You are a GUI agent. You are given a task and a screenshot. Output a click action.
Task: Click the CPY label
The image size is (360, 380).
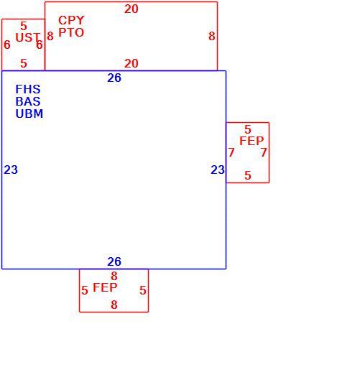71,20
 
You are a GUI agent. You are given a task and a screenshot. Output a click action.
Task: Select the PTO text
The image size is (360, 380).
71,32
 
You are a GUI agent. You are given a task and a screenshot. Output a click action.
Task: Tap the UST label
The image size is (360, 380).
27,37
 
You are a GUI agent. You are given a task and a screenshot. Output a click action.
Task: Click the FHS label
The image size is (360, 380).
28,89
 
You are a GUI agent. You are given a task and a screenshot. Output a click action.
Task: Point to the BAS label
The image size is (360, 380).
28,101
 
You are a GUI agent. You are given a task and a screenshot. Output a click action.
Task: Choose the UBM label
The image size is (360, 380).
29,113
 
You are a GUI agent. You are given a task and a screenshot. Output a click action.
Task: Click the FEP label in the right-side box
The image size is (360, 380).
251,141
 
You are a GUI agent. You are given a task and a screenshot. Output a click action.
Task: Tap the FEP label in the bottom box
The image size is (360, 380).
105,287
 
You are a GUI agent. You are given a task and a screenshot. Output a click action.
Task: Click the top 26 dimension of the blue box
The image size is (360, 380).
114,78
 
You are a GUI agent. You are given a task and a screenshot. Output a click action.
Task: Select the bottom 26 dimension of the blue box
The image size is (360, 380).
114,261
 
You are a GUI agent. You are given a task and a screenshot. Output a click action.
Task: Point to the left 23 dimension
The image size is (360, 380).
11,170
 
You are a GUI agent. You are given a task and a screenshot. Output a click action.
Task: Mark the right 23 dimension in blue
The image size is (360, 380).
218,170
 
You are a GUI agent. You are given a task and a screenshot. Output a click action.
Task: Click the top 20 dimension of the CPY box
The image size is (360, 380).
131,9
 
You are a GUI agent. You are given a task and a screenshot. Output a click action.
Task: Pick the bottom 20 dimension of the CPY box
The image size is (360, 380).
131,63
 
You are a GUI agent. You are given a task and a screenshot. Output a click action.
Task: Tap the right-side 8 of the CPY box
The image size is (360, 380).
212,36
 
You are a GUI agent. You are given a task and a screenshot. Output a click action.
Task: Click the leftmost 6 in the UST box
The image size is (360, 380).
7,45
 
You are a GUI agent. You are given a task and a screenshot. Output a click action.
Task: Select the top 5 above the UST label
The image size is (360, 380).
24,26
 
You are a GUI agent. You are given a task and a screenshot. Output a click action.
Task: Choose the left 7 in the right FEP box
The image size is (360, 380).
231,152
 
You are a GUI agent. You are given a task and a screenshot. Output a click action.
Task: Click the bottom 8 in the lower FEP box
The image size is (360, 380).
114,305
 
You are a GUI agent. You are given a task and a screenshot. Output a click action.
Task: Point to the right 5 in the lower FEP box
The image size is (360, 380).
143,290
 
